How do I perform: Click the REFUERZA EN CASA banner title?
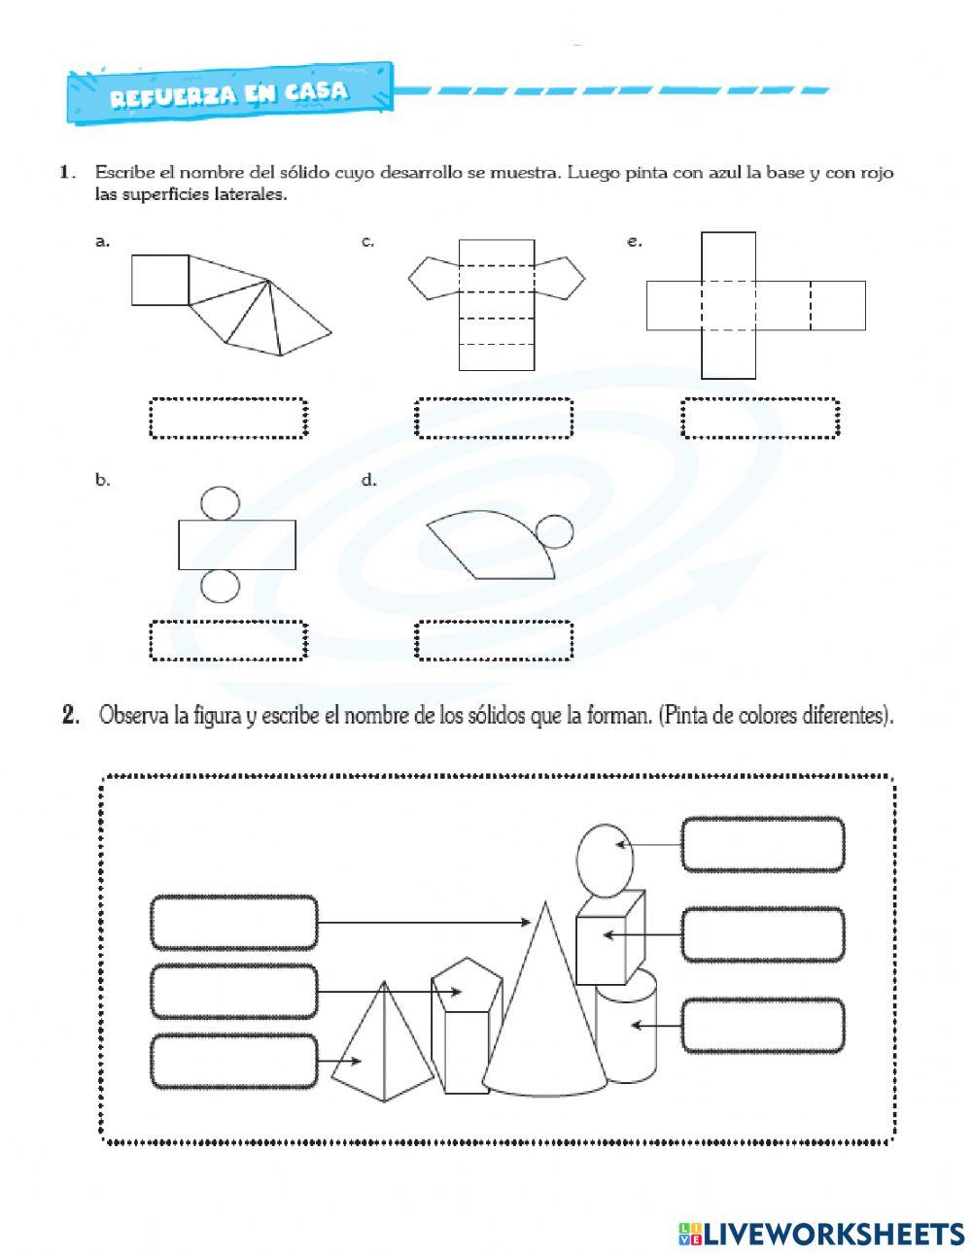pyautogui.click(x=228, y=94)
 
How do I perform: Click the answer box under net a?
pyautogui.click(x=228, y=418)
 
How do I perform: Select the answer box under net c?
pyautogui.click(x=494, y=418)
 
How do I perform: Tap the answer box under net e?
pyautogui.click(x=760, y=418)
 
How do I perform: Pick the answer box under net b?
pyautogui.click(x=228, y=641)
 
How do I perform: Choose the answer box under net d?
pyautogui.click(x=494, y=641)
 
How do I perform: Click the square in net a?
pyautogui.click(x=160, y=280)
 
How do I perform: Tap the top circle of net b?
pyautogui.click(x=220, y=502)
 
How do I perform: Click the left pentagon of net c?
pyautogui.click(x=433, y=278)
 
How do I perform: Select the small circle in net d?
pyautogui.click(x=555, y=532)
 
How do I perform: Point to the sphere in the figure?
pyautogui.click(x=605, y=860)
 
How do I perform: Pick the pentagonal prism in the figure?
pyautogui.click(x=466, y=1030)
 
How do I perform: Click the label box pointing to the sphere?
pyautogui.click(x=762, y=845)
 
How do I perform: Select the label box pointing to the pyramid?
pyautogui.click(x=234, y=1061)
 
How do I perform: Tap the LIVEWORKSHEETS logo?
pyautogui.click(x=821, y=1233)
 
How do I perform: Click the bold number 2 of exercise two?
pyautogui.click(x=69, y=717)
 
